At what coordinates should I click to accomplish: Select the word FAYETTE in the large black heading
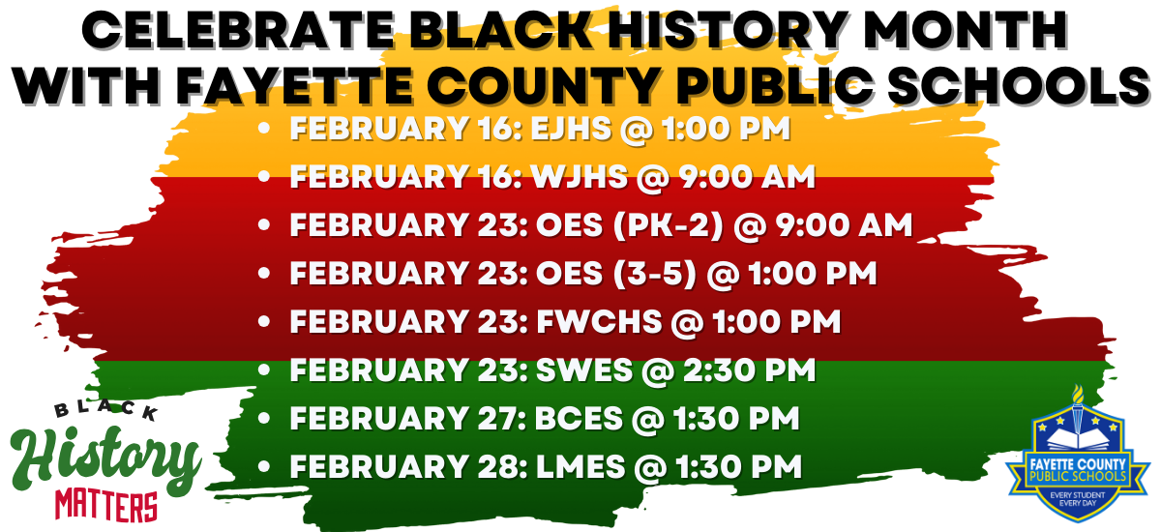click(x=294, y=85)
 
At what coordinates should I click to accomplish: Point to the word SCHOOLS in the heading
click(x=1019, y=85)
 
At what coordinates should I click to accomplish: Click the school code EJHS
click(x=571, y=129)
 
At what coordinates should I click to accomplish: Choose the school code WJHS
click(x=580, y=177)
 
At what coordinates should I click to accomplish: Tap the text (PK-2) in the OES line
click(x=669, y=225)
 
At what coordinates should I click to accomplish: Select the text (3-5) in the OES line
click(x=655, y=274)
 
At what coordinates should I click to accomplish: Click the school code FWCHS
click(x=599, y=322)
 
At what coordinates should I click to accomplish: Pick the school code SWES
click(x=584, y=369)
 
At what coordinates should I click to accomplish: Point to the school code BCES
click(x=579, y=419)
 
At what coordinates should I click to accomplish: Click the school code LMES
click(x=580, y=467)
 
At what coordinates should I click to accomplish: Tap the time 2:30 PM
click(x=749, y=369)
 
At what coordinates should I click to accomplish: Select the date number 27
click(x=498, y=419)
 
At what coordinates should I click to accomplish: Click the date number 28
click(x=499, y=467)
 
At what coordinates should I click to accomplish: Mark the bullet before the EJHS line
click(x=264, y=128)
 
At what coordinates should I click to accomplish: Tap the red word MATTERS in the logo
click(x=105, y=505)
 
